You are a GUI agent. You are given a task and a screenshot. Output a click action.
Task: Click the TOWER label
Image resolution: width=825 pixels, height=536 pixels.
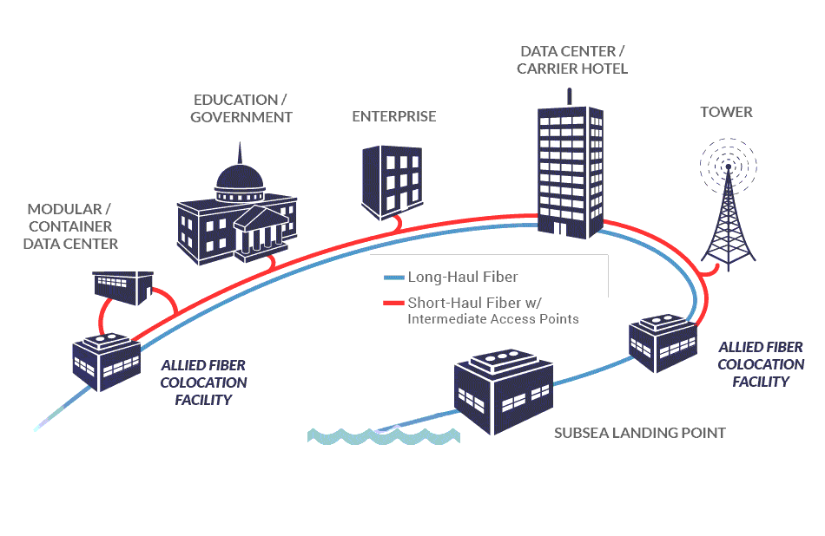pyautogui.click(x=726, y=112)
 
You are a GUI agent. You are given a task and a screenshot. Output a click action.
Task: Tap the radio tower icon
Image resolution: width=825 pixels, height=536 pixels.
pyautogui.click(x=728, y=217)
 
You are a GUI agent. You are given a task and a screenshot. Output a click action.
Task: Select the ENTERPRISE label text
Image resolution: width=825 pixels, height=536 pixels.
pyautogui.click(x=393, y=116)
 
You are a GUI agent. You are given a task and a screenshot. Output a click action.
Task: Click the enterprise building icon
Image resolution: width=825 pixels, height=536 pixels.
pyautogui.click(x=392, y=180)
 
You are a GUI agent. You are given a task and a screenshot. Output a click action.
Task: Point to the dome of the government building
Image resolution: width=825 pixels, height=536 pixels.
pyautogui.click(x=239, y=177)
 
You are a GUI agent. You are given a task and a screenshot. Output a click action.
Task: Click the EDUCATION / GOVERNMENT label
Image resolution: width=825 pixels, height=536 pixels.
pyautogui.click(x=241, y=108)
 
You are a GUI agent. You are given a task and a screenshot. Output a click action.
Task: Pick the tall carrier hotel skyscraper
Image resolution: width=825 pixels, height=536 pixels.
pyautogui.click(x=569, y=169)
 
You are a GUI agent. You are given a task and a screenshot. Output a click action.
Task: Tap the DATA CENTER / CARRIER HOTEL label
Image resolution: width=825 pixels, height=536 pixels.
pyautogui.click(x=571, y=60)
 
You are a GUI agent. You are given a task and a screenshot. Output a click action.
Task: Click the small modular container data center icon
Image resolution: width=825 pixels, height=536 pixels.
pyautogui.click(x=122, y=283)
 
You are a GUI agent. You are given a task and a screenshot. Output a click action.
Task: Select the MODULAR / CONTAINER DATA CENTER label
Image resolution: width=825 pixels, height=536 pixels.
pyautogui.click(x=70, y=226)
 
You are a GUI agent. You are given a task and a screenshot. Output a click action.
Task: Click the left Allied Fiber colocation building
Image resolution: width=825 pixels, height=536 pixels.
pyautogui.click(x=106, y=363)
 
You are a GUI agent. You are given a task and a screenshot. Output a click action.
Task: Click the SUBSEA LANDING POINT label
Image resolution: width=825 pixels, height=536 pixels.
pyautogui.click(x=639, y=432)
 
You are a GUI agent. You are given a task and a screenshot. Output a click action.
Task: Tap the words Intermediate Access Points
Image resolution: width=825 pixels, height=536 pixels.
pyautogui.click(x=492, y=319)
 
